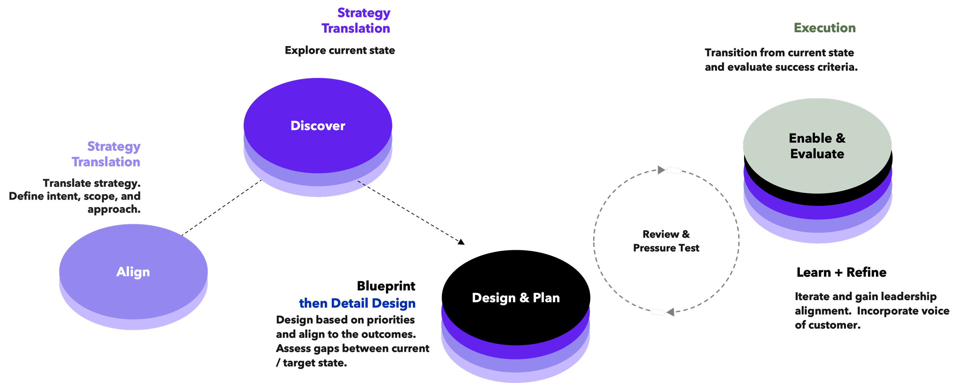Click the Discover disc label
pos(318,126)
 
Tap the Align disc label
pos(133,272)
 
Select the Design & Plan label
pos(516,298)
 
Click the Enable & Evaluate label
pos(817,146)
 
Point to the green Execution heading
pos(825,28)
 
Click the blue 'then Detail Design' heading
pos(357,304)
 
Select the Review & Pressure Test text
pos(666,241)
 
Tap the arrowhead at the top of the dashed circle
pos(661,170)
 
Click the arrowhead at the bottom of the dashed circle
pos(670,312)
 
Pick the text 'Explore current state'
pos(340,51)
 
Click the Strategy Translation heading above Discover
pos(356,21)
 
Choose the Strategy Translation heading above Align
pos(106,154)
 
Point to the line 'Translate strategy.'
pos(92,183)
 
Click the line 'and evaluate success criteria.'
pos(781,68)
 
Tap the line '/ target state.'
pos(311,363)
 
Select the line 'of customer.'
pos(828,325)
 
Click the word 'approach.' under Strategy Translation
pos(114,210)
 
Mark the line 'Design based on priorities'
pos(346,320)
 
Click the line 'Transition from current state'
pos(780,53)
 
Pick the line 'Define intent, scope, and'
pos(75,196)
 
